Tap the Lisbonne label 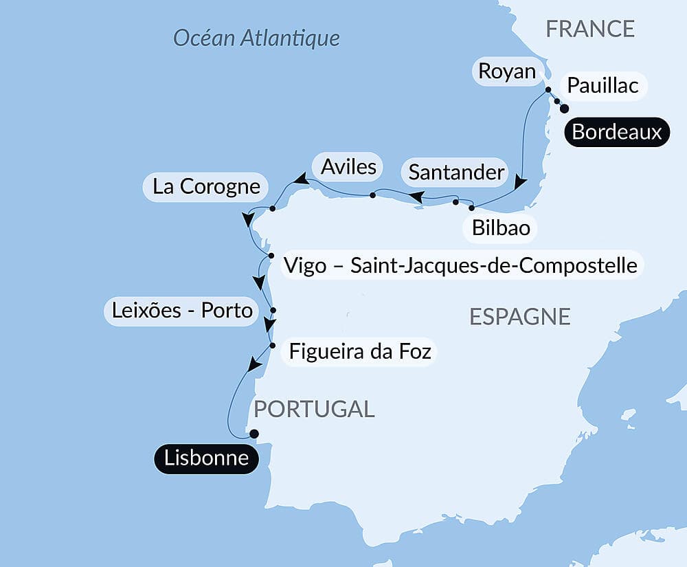click(206, 458)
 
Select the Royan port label click(507, 71)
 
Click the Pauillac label click(603, 86)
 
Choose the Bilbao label click(501, 227)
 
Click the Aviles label click(348, 166)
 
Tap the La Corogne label click(206, 186)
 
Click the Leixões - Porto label click(181, 311)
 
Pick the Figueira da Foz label click(360, 352)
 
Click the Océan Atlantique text click(256, 37)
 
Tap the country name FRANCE click(589, 29)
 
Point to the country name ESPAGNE click(520, 316)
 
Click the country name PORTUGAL click(314, 409)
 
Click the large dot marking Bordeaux click(564, 109)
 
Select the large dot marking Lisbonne click(254, 434)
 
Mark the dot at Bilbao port click(471, 208)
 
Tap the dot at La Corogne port click(273, 208)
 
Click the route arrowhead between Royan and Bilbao click(521, 183)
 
